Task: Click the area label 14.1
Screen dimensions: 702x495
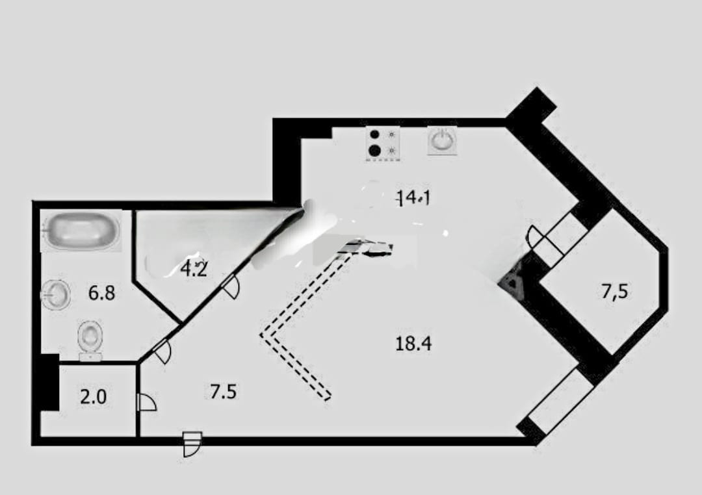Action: coord(415,198)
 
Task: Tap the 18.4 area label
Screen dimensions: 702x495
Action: coord(413,343)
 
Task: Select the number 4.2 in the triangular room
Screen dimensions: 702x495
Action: coord(194,268)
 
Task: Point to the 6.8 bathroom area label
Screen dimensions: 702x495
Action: coord(102,293)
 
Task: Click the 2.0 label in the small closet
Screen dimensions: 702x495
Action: coord(93,397)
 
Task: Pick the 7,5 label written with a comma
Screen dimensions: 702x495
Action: coord(614,292)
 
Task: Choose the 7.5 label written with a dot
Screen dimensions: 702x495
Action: coord(223,392)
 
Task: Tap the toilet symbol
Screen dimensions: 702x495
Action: coord(90,338)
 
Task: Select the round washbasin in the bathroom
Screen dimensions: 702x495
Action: coord(56,295)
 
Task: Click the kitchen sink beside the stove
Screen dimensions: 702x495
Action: coord(442,140)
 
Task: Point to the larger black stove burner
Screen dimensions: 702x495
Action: coord(374,151)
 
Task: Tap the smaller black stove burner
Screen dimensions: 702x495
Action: coord(374,135)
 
